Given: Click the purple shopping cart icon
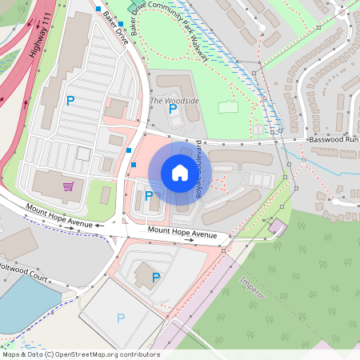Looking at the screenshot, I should tap(70, 186).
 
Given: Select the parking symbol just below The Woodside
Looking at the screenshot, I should tap(173, 110).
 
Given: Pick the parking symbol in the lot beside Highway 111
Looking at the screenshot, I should tap(70, 101).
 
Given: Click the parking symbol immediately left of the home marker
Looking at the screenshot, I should tap(149, 195).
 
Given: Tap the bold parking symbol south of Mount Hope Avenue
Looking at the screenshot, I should tap(156, 278).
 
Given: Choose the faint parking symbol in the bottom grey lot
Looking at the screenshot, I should tap(121, 318).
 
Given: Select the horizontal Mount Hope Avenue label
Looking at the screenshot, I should tap(182, 234).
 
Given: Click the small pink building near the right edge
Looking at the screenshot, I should tap(277, 226).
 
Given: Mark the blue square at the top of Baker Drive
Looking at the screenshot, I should tap(98, 9).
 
